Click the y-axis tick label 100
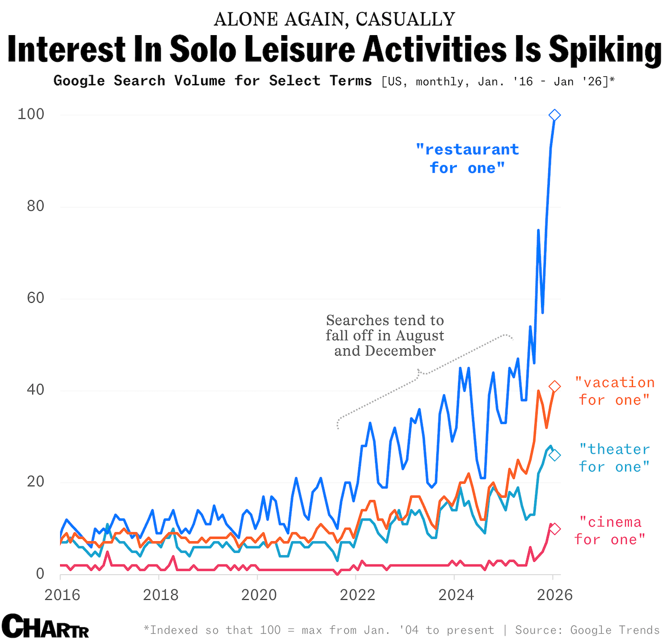31,114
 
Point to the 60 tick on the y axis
36,298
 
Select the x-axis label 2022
357,594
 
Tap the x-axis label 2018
161,594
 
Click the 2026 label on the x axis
554,594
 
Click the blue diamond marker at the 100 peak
554,115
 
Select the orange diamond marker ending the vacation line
554,386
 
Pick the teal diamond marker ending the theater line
554,455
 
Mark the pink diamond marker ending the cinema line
554,529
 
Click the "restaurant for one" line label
467,159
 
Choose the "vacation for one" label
615,391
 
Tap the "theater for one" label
615,458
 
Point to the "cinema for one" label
610,531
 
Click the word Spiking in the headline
605,50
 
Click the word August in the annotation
417,336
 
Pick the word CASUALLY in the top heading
406,19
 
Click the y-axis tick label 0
40,573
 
